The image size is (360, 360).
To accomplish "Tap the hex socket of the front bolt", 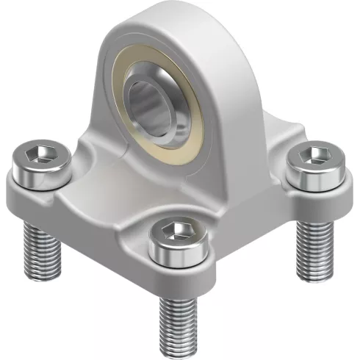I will click(x=176, y=230).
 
